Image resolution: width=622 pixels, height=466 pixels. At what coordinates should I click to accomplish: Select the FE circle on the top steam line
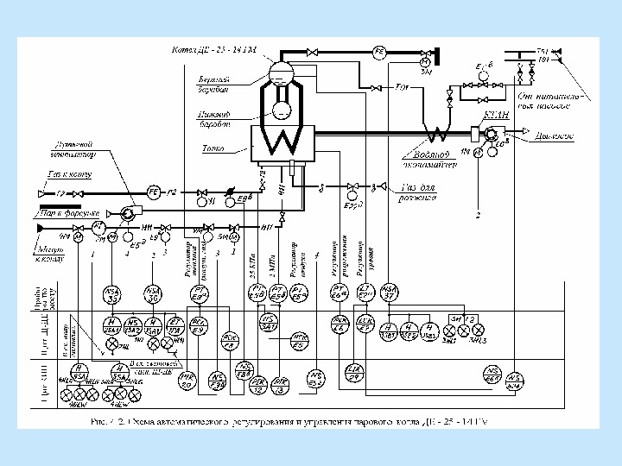(x=378, y=53)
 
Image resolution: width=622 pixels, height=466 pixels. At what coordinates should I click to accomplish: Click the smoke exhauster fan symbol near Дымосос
(x=492, y=134)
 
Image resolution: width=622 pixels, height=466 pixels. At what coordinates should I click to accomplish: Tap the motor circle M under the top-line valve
(x=425, y=63)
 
